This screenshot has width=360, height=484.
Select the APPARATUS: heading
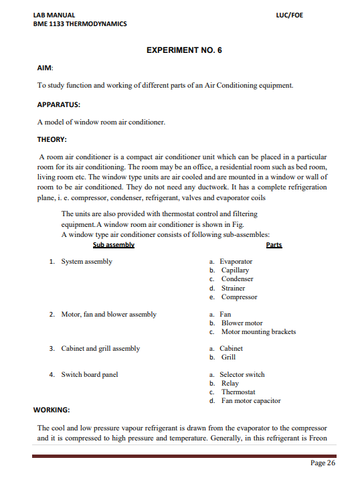[59, 104]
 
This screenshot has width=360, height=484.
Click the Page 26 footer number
[323, 463]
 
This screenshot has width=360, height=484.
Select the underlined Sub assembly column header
[114, 245]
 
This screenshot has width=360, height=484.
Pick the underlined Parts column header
[274, 245]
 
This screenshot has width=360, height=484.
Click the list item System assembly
[87, 261]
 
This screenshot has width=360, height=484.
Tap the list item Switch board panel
[90, 374]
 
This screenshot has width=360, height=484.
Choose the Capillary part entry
[235, 270]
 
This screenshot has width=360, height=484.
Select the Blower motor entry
[242, 323]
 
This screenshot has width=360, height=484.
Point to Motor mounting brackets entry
[258, 332]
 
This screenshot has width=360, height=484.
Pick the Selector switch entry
[242, 374]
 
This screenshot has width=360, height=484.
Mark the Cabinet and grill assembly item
[101, 348]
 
